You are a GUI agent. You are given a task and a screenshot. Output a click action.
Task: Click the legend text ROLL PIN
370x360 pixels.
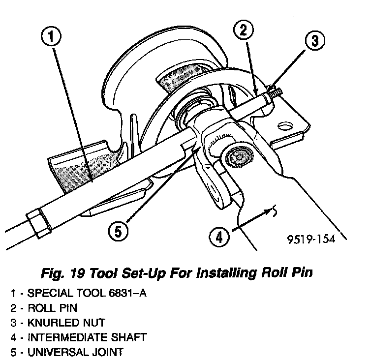pyautogui.click(x=52, y=308)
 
